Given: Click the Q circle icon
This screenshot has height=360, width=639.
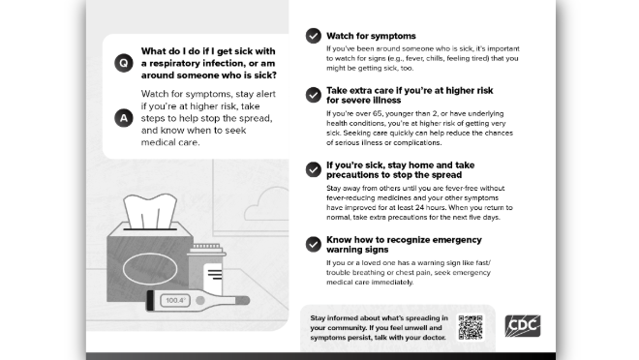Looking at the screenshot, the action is click(x=124, y=63).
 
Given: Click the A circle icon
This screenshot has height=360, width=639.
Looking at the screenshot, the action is click(x=124, y=118).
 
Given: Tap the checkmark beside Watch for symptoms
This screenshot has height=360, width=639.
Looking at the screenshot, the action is click(x=314, y=36).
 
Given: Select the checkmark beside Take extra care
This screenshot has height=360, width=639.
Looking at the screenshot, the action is click(x=314, y=95).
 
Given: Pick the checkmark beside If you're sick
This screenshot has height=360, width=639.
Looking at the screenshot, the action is click(x=314, y=169).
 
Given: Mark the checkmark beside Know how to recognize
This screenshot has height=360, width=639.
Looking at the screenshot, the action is click(x=314, y=244).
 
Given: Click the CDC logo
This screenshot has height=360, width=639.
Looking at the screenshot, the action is click(x=523, y=326).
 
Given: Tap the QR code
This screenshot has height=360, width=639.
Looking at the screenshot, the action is click(x=471, y=327).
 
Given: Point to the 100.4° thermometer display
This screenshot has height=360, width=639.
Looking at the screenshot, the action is click(x=175, y=301).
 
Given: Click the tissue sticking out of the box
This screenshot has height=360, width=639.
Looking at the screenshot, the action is click(x=150, y=211).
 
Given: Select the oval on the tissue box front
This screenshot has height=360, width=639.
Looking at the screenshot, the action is click(x=150, y=268).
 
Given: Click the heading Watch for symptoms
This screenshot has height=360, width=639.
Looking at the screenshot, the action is click(x=371, y=36).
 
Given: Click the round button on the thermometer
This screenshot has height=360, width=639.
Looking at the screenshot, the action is click(x=200, y=301).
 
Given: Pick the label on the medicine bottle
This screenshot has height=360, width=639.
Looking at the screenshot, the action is click(x=213, y=278).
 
